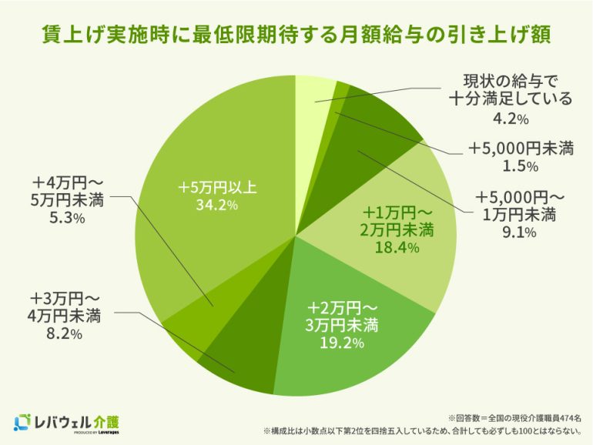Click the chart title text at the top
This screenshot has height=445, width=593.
(296, 35)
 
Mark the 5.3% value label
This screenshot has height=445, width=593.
(69, 219)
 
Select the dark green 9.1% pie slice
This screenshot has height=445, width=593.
(377, 123)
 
